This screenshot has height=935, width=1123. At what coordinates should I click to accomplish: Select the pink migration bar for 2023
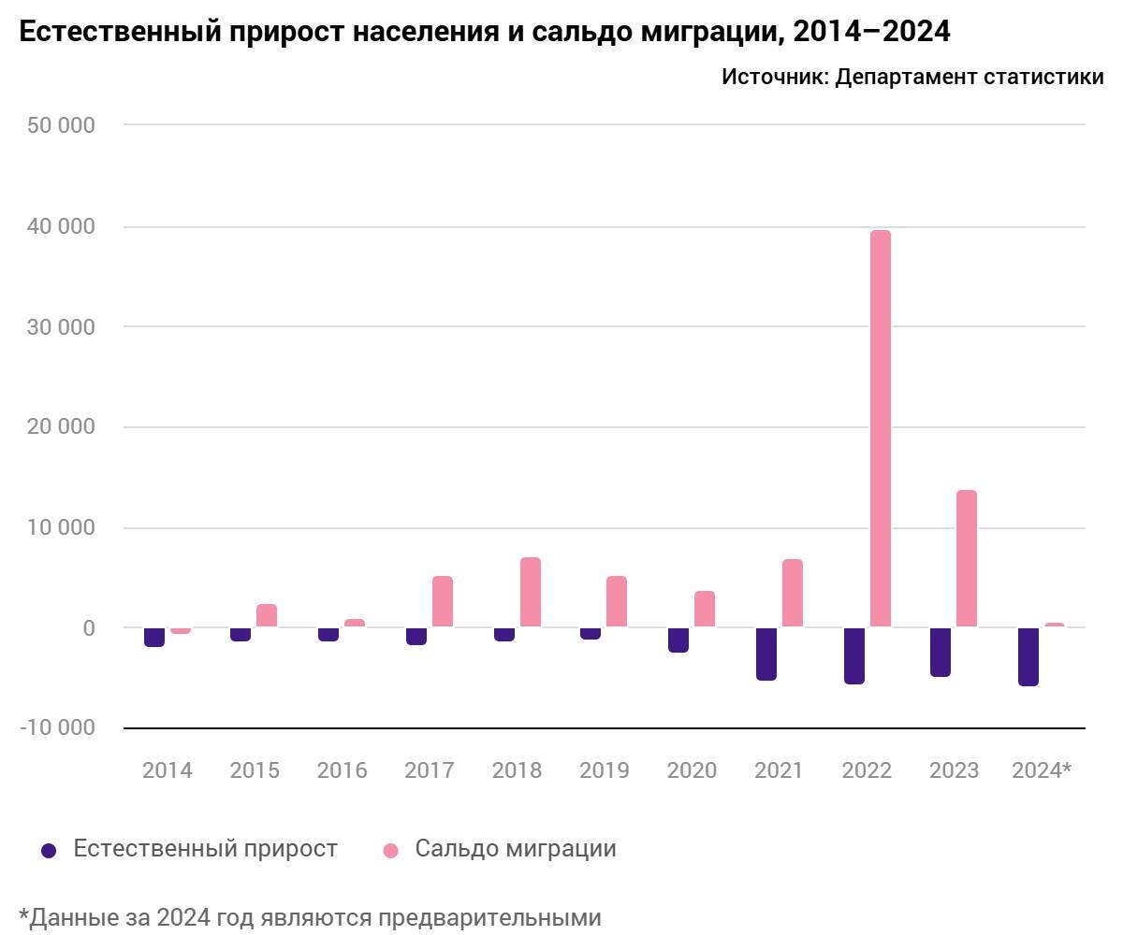click(966, 558)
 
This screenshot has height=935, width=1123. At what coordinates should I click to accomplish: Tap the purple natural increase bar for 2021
click(766, 654)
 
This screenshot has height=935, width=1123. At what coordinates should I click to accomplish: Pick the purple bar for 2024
click(1028, 656)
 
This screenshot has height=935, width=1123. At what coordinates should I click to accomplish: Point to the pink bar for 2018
click(531, 592)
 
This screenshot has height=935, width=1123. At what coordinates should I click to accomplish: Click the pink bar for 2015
click(267, 615)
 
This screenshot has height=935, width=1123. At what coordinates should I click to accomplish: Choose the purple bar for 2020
click(678, 640)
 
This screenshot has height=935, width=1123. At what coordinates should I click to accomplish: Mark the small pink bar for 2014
click(181, 631)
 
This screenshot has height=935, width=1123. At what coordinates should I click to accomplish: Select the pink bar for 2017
click(443, 601)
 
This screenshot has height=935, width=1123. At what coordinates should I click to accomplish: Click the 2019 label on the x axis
click(604, 770)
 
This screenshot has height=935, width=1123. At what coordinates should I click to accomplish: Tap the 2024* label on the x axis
click(1042, 770)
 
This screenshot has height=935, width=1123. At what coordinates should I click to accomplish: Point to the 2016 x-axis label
click(342, 770)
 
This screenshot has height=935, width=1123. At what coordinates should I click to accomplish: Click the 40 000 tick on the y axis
click(61, 227)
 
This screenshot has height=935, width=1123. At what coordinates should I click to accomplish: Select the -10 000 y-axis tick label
click(57, 727)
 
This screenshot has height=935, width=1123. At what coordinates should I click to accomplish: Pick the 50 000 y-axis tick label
click(61, 125)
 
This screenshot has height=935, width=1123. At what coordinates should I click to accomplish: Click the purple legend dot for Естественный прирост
click(49, 850)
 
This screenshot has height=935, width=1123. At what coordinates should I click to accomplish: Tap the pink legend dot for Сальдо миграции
click(391, 850)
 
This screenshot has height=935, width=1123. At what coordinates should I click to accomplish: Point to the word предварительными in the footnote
click(495, 917)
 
